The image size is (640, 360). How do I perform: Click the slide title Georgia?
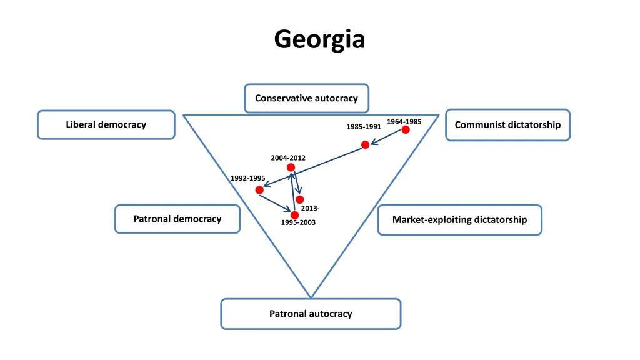click(x=319, y=39)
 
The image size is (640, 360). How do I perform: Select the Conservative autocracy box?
click(x=306, y=98)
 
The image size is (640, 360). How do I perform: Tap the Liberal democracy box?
click(x=106, y=124)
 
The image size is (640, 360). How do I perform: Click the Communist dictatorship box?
click(x=507, y=124)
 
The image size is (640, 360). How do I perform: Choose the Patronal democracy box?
click(x=177, y=219)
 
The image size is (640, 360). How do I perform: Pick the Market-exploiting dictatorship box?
click(x=459, y=219)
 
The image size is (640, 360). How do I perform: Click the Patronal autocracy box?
click(x=311, y=314)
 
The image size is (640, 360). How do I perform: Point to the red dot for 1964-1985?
click(x=406, y=129)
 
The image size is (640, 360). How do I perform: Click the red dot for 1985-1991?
click(x=366, y=144)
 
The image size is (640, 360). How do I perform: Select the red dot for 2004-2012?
click(x=291, y=167)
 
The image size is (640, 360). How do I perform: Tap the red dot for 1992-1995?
click(x=259, y=190)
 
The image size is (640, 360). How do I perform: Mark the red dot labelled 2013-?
click(x=300, y=199)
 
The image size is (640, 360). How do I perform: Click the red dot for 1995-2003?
click(x=294, y=215)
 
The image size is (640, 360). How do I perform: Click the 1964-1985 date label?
click(x=404, y=121)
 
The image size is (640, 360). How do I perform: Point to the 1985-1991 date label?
click(x=364, y=127)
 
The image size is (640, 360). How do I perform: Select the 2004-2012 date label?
click(x=288, y=157)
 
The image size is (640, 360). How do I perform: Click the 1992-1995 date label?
click(x=248, y=178)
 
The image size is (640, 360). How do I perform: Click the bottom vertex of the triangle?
click(x=311, y=297)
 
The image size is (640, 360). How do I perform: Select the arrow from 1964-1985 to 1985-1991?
click(x=386, y=137)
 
